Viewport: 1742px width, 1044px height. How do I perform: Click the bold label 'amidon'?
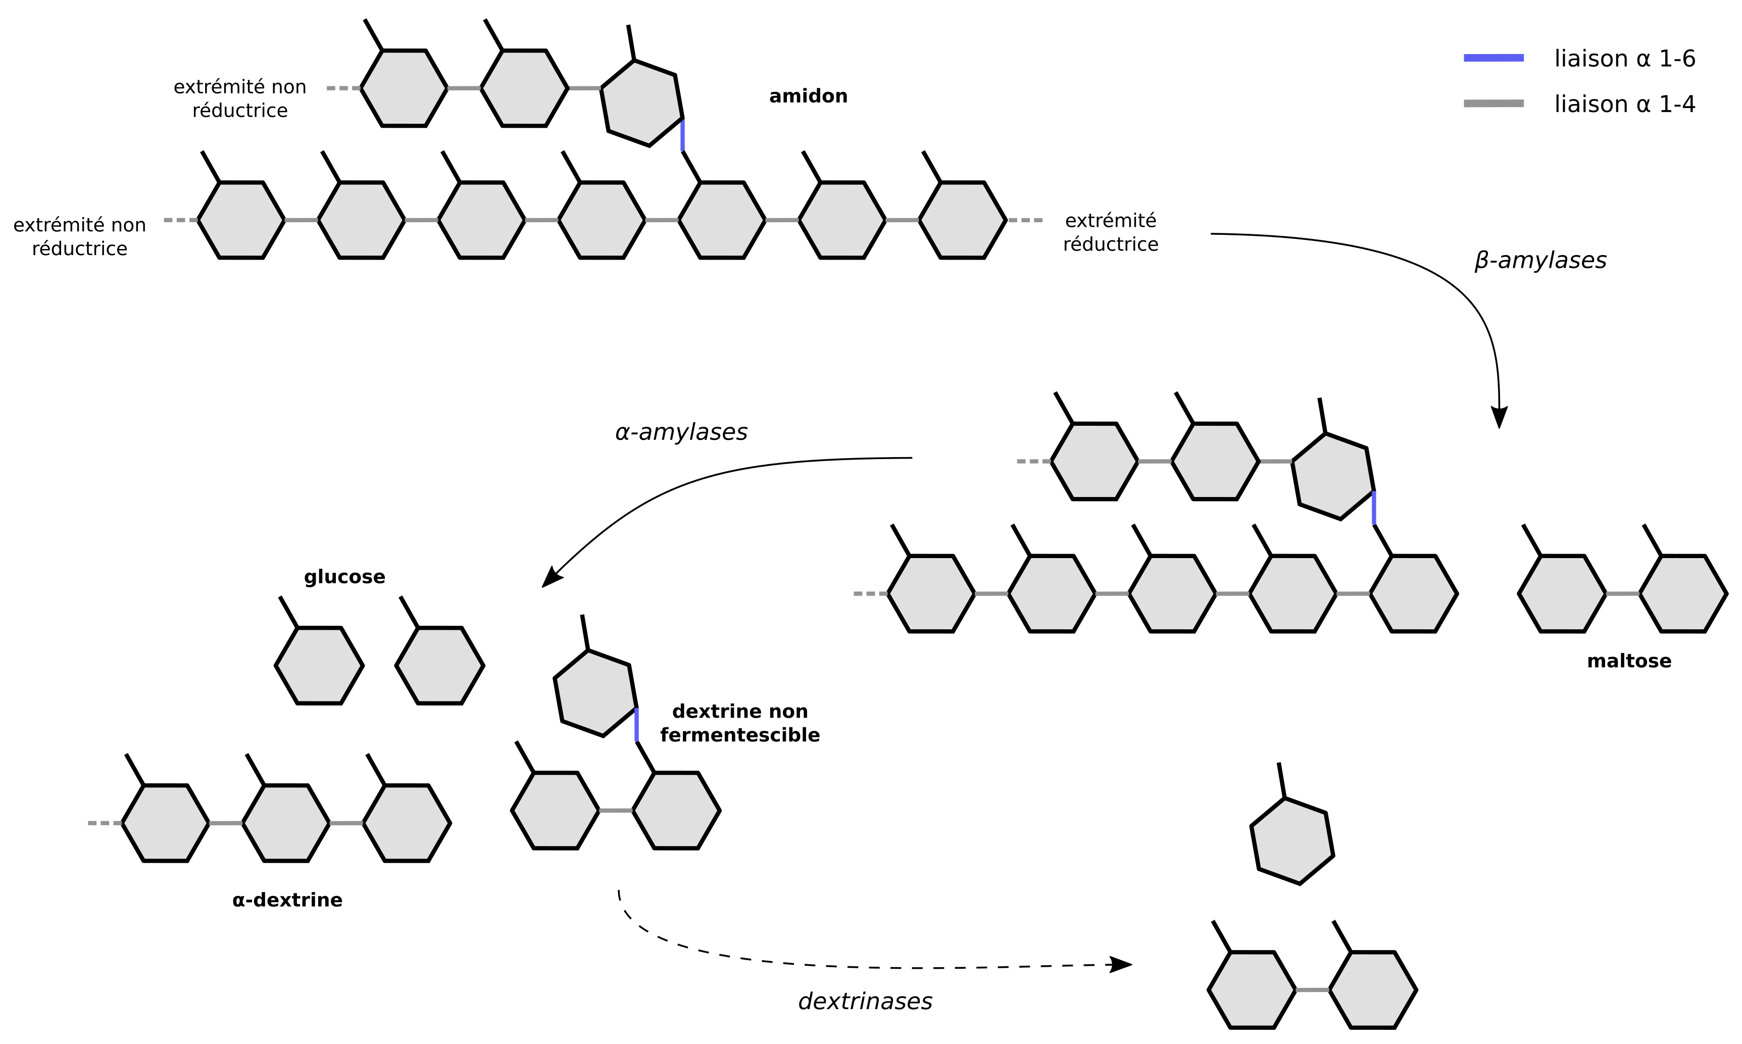click(x=808, y=96)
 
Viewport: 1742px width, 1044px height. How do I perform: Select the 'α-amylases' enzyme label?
click(x=681, y=432)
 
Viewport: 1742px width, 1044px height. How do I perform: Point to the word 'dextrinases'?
click(x=865, y=1001)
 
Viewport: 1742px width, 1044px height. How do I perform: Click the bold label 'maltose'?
click(x=1629, y=661)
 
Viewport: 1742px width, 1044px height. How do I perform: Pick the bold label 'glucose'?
click(x=344, y=577)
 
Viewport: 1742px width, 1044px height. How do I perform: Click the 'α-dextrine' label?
click(x=287, y=901)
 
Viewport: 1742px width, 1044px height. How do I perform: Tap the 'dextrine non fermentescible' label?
click(x=740, y=723)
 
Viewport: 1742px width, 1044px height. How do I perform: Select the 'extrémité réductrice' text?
click(x=1111, y=232)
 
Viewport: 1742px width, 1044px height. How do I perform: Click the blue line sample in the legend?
click(x=1494, y=58)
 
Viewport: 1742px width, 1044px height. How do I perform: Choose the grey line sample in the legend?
click(x=1494, y=104)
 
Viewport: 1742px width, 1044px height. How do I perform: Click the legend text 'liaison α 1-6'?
click(x=1624, y=59)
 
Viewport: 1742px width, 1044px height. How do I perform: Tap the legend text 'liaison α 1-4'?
click(x=1624, y=104)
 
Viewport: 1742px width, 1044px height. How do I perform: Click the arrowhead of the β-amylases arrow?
click(x=1500, y=418)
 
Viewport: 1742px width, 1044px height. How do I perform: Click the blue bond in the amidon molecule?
click(x=682, y=135)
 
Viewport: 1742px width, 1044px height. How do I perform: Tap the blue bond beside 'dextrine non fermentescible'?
click(x=636, y=725)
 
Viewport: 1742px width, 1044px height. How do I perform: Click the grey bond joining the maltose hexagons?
click(x=1622, y=594)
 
